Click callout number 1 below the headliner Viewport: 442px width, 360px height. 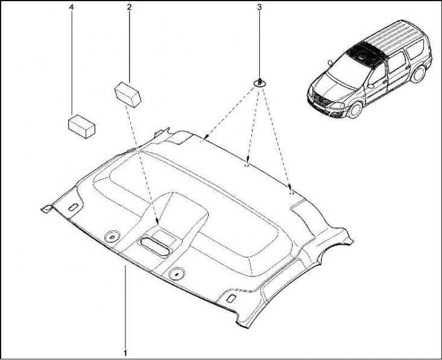125,353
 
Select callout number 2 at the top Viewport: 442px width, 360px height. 129,7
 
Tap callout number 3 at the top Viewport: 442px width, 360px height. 259,7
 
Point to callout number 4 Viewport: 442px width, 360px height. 72,7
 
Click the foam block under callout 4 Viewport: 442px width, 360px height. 81,126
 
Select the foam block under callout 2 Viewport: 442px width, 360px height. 128,94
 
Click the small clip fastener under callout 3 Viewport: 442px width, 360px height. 259,83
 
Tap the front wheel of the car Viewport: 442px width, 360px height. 355,110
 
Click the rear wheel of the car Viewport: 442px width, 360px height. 418,74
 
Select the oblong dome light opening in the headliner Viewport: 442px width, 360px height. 156,247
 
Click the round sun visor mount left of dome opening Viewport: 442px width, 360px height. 112,236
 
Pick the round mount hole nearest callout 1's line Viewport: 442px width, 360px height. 176,273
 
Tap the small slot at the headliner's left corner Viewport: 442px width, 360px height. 74,207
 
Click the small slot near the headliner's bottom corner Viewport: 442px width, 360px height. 231,298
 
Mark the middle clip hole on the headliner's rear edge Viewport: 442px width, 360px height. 246,166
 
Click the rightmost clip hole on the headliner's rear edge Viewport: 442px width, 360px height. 291,193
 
